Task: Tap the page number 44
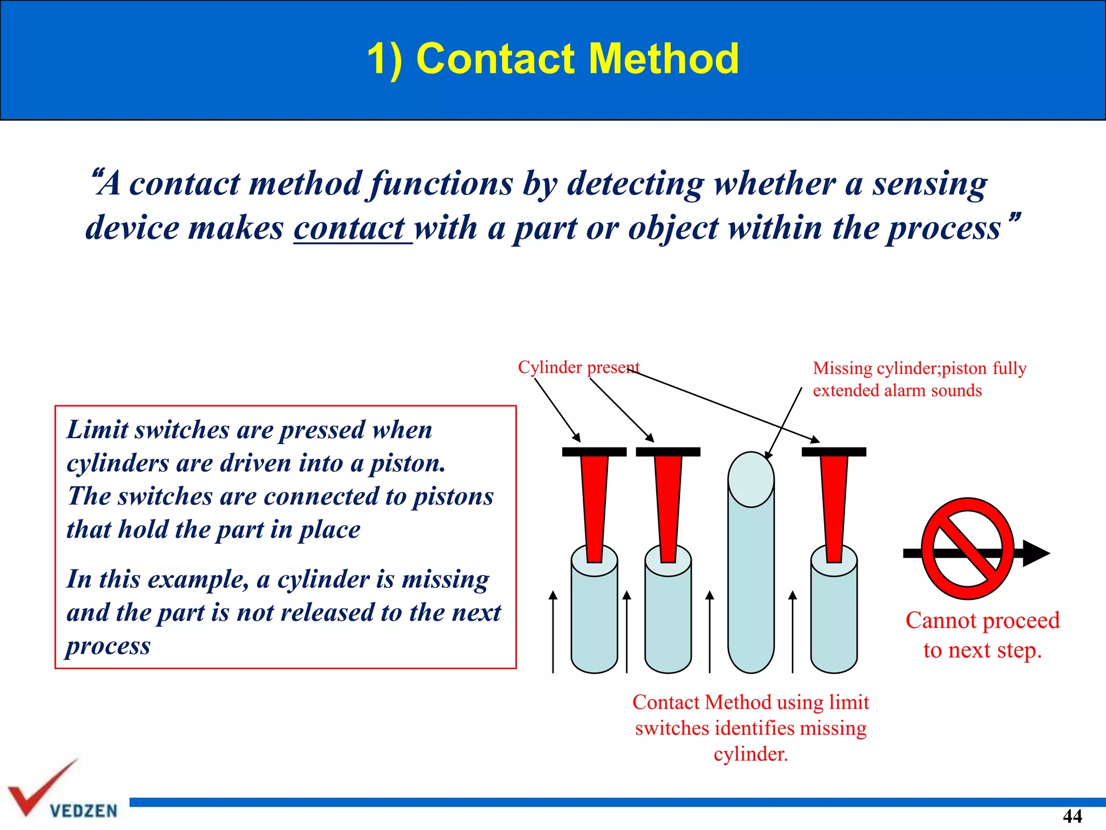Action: (1072, 815)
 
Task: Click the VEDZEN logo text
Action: (84, 811)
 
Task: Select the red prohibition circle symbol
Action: (967, 548)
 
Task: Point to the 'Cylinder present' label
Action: (578, 367)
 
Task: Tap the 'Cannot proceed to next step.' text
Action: (982, 635)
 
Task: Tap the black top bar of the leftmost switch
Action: (594, 452)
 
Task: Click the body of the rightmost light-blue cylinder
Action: (834, 621)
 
